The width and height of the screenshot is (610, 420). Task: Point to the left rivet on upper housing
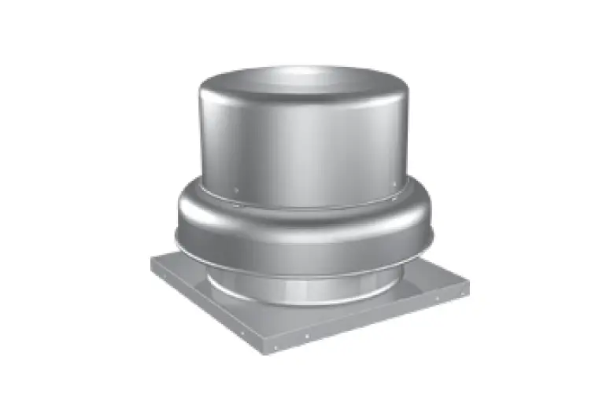[237, 188]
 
